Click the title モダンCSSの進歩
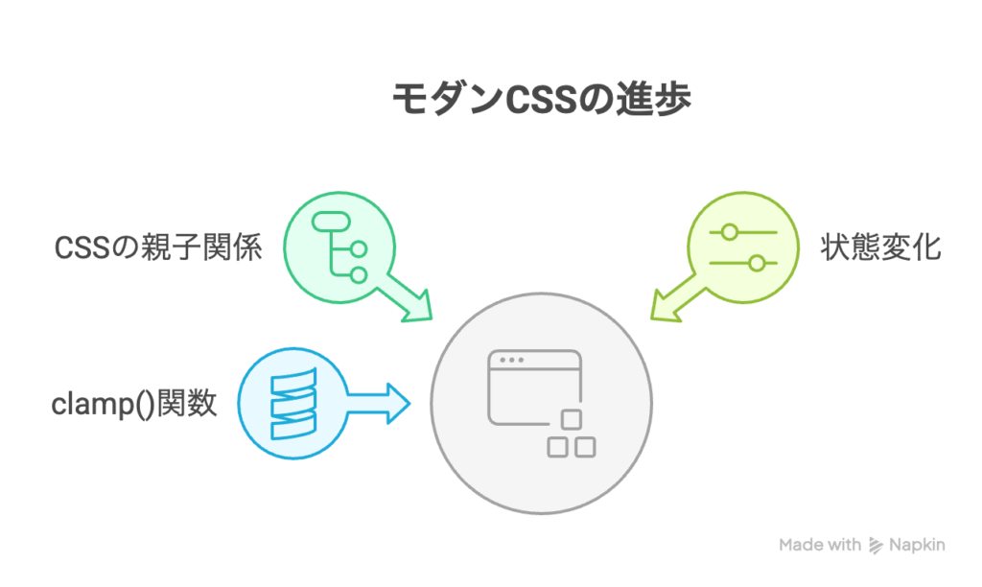[x=541, y=99]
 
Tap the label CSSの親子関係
[x=158, y=247]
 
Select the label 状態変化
[x=880, y=247]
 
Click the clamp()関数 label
[x=134, y=404]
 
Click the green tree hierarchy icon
[x=340, y=247]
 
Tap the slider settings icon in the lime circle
[x=743, y=247]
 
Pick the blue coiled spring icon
[x=293, y=404]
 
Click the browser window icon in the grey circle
[x=542, y=404]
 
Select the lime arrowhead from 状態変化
[x=666, y=306]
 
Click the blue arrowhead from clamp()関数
[x=398, y=404]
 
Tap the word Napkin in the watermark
[x=917, y=545]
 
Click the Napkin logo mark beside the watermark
[x=876, y=546]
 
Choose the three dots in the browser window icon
[x=512, y=361]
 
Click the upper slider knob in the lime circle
[x=729, y=232]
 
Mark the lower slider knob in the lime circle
[x=758, y=263]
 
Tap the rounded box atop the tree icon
[x=331, y=222]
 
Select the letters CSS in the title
[x=541, y=100]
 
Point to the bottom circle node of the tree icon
[x=359, y=275]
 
